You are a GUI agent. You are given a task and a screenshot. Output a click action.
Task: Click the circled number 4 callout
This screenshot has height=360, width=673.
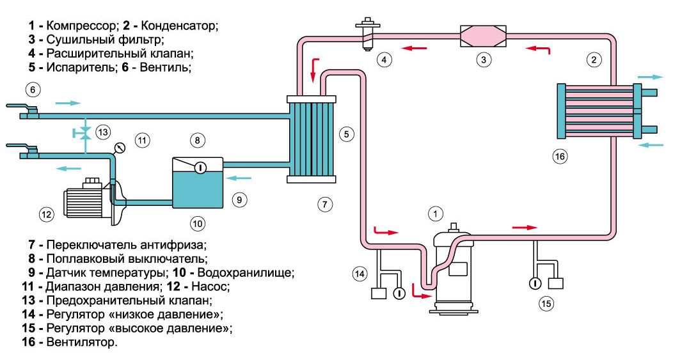pyautogui.click(x=384, y=59)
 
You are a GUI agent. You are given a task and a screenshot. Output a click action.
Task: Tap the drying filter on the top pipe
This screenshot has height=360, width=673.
pyautogui.click(x=483, y=36)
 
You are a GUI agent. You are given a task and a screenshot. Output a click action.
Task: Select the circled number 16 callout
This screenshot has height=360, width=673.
pyautogui.click(x=560, y=156)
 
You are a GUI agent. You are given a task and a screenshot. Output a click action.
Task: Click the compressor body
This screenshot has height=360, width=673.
pyautogui.click(x=452, y=270)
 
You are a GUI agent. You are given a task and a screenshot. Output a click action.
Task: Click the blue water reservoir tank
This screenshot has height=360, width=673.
pyautogui.click(x=198, y=183)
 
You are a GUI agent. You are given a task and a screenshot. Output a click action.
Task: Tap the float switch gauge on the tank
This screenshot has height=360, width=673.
pyautogui.click(x=200, y=167)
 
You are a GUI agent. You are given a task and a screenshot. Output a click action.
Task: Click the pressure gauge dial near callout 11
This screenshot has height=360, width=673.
pyautogui.click(x=120, y=149)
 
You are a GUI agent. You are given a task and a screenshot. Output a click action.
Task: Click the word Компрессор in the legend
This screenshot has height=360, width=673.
pyautogui.click(x=81, y=26)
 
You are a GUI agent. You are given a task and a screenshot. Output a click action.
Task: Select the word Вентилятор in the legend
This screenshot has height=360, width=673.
pyautogui.click(x=81, y=342)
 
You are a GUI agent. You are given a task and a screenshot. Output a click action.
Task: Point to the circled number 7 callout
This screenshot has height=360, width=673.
pyautogui.click(x=324, y=204)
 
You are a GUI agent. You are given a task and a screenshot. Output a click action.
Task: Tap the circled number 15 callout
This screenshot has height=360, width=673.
pyautogui.click(x=546, y=304)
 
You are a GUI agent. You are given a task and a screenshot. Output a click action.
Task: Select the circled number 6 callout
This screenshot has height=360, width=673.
pyautogui.click(x=33, y=90)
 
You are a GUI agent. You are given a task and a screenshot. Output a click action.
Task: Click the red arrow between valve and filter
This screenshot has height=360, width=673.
pyautogui.click(x=415, y=48)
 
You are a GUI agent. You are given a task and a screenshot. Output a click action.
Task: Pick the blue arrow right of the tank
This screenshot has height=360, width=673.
pyautogui.click(x=239, y=178)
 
